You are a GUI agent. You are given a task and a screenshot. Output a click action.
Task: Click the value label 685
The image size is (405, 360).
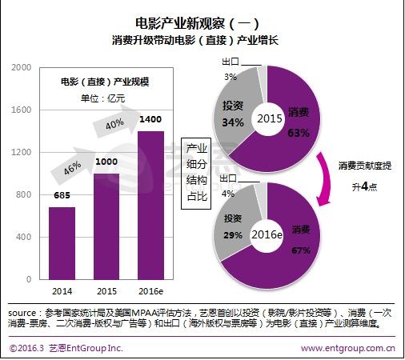pos(63,195)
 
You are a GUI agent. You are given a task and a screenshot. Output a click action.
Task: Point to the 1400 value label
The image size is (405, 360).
pos(151,119)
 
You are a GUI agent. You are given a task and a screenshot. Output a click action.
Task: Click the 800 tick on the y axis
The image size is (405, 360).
pos(23,195)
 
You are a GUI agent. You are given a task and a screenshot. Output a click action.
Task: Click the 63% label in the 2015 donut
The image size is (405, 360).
pos(299,133)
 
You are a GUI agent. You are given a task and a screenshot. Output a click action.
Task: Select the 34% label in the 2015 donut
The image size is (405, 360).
pos(234,122)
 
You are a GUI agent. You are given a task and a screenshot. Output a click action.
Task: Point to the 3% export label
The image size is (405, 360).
pos(231,77)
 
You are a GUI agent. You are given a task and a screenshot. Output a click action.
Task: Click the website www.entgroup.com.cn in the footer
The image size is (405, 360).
pos(349,348)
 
